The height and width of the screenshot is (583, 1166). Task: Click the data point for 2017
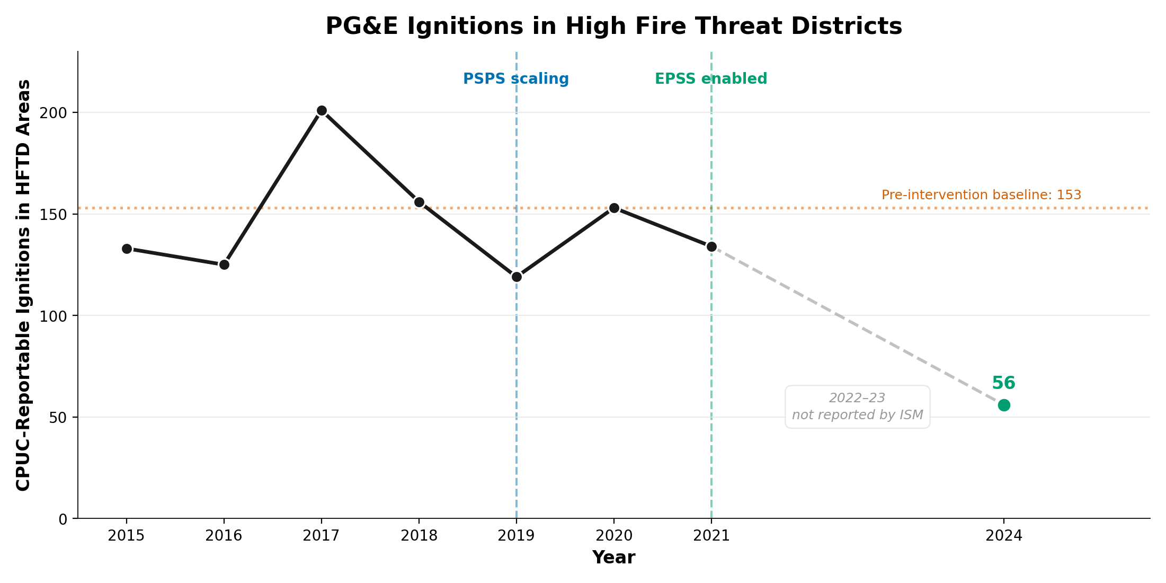coord(322,111)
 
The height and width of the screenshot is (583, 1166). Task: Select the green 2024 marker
coord(1004,405)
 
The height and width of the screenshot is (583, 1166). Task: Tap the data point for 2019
coord(517,277)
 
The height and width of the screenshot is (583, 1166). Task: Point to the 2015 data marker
coord(127,249)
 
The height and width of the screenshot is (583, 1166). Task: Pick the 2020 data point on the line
coord(614,208)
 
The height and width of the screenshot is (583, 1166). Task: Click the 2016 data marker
coord(224,264)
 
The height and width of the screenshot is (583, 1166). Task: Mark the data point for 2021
coord(711,246)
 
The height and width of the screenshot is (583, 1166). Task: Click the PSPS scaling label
coord(515,79)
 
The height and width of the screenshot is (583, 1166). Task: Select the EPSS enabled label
coord(710,79)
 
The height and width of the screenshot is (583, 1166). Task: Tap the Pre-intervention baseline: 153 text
coord(981,195)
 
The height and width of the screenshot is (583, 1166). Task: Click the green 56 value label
coord(1003,383)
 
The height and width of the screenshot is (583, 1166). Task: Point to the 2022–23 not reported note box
coord(857,407)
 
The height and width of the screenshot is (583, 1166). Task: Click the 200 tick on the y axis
coord(55,113)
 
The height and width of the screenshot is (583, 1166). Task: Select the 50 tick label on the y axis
coord(59,418)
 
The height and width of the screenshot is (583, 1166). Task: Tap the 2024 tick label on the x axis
coord(1004,536)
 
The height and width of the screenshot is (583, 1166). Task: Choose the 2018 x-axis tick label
coord(419,536)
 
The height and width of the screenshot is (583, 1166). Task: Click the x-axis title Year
coord(613,558)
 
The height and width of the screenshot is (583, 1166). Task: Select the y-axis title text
coord(23,285)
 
